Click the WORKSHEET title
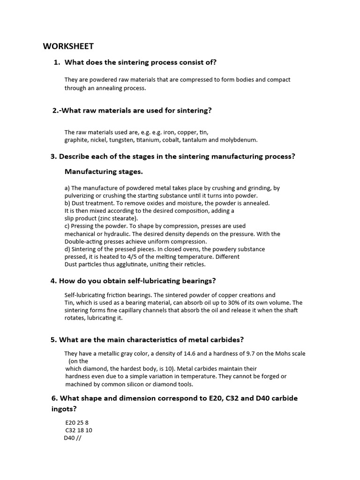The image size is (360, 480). coord(68,46)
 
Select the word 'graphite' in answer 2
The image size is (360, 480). coord(76,140)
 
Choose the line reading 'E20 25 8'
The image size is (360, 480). coord(77,422)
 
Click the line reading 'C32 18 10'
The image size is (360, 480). coord(79,430)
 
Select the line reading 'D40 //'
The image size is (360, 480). coord(73,438)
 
